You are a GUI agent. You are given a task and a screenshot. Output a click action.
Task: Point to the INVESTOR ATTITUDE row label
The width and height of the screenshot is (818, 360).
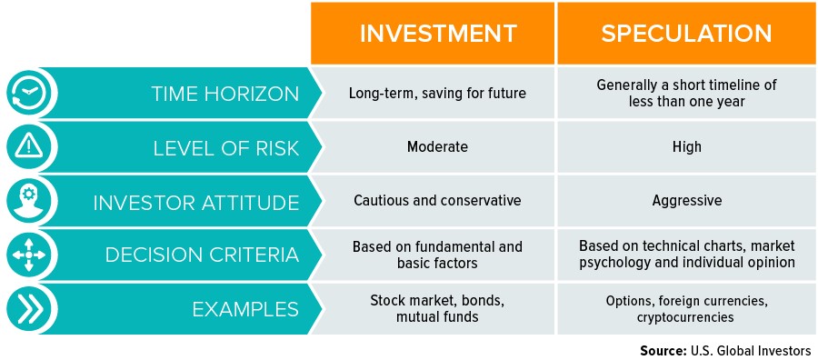[x=195, y=202]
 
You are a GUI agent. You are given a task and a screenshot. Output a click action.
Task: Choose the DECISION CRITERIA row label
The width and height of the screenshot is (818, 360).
[x=202, y=255]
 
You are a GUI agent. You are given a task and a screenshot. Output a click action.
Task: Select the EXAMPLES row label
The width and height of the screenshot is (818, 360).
[x=245, y=309]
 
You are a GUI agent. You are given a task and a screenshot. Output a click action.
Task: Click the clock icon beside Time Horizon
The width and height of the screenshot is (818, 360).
[x=32, y=93]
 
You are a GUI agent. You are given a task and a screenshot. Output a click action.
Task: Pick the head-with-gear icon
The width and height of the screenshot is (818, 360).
[x=32, y=201]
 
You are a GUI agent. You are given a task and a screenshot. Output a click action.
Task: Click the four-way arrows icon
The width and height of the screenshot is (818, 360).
[x=32, y=255]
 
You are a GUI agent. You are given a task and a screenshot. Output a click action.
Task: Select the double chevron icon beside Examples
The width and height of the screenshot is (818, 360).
[x=32, y=308]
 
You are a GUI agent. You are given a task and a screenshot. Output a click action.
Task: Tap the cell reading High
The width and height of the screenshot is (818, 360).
[x=688, y=147]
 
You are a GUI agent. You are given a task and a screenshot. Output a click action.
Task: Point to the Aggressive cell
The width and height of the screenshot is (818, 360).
[x=688, y=201]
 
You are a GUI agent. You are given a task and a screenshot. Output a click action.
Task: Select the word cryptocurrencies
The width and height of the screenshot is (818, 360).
[x=688, y=316]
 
